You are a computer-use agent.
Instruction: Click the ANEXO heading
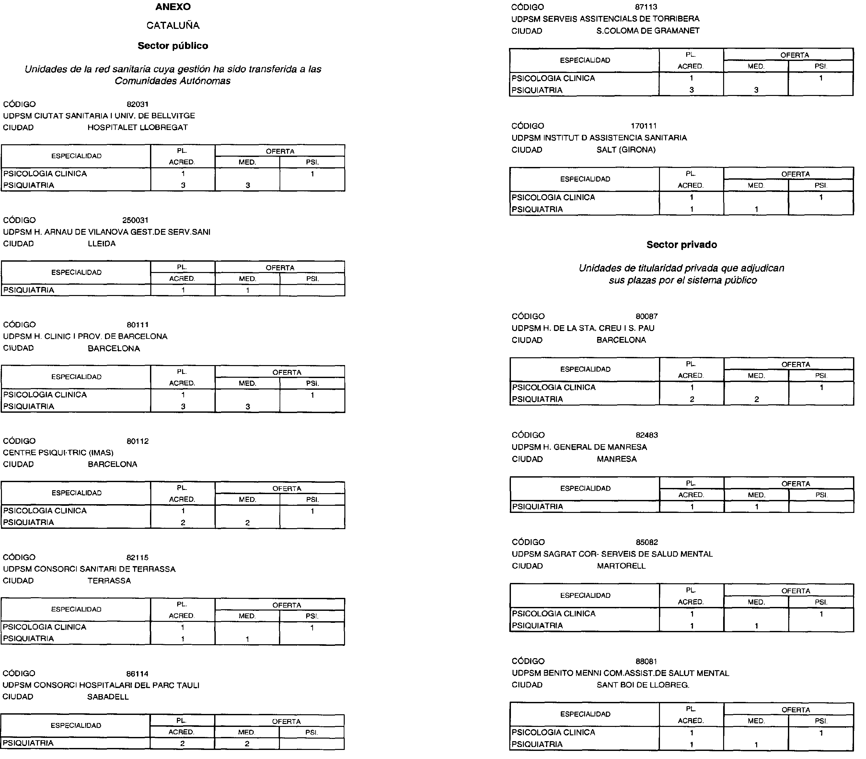(173, 7)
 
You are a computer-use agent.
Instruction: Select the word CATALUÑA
(173, 25)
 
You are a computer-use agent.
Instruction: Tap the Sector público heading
(173, 46)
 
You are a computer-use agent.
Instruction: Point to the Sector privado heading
(681, 245)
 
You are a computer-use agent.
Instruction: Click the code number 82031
(138, 104)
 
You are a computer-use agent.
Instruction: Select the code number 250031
(135, 220)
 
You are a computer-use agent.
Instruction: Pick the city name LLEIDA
(102, 243)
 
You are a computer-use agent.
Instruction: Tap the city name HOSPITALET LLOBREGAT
(138, 127)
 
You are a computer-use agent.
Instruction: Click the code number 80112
(138, 441)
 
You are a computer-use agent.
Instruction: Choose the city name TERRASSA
(109, 581)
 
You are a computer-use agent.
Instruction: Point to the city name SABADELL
(108, 697)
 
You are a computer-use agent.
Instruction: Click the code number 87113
(646, 7)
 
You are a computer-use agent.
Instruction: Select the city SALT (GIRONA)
(626, 150)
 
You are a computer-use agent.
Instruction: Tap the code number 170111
(644, 126)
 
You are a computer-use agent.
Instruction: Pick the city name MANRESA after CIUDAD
(617, 459)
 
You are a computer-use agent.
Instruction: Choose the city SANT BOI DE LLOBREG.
(643, 685)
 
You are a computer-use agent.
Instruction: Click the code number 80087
(647, 316)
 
